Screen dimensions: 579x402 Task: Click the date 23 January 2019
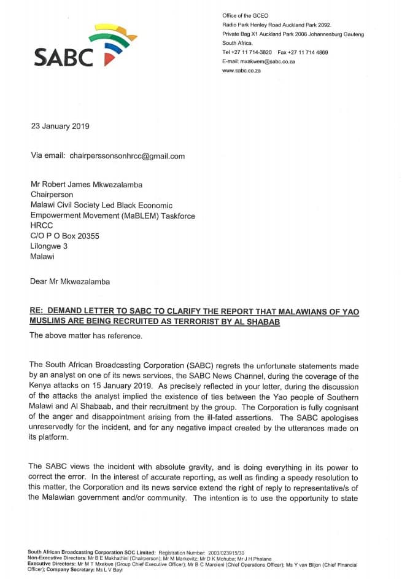(60, 126)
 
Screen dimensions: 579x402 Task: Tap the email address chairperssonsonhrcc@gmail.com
(127, 156)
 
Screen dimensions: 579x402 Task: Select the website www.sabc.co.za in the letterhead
(241, 71)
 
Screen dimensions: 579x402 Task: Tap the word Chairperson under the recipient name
(52, 195)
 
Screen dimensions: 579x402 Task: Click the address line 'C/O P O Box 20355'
(64, 236)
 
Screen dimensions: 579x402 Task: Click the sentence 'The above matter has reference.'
(85, 335)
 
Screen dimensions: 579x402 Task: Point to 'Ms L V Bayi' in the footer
(109, 570)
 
